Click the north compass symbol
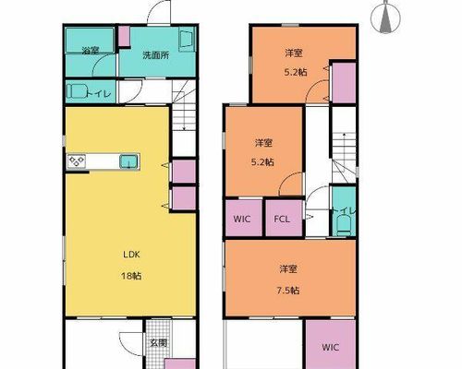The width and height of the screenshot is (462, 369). pyautogui.click(x=385, y=18)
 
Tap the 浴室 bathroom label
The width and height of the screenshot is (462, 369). pyautogui.click(x=91, y=51)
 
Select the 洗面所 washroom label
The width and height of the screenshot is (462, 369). pyautogui.click(x=156, y=55)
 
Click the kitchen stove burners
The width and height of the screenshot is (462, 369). pyautogui.click(x=77, y=161)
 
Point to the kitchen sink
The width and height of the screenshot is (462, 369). pyautogui.click(x=129, y=161)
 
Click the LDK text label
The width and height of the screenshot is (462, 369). pyautogui.click(x=131, y=255)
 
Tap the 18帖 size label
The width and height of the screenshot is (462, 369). pyautogui.click(x=131, y=276)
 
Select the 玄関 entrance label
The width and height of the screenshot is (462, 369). pyautogui.click(x=159, y=343)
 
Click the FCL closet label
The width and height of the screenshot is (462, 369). pyautogui.click(x=282, y=219)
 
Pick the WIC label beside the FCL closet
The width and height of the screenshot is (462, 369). pyautogui.click(x=242, y=219)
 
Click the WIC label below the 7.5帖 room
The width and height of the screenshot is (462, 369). pyautogui.click(x=331, y=347)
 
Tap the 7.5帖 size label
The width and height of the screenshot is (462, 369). pyautogui.click(x=288, y=291)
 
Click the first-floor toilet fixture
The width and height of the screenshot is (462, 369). pyautogui.click(x=76, y=91)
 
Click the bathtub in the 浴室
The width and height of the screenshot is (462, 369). pyautogui.click(x=90, y=41)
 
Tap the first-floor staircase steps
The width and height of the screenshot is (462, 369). pyautogui.click(x=184, y=117)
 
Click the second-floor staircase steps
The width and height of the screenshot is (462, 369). pyautogui.click(x=344, y=158)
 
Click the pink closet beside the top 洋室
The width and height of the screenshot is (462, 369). pyautogui.click(x=344, y=83)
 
